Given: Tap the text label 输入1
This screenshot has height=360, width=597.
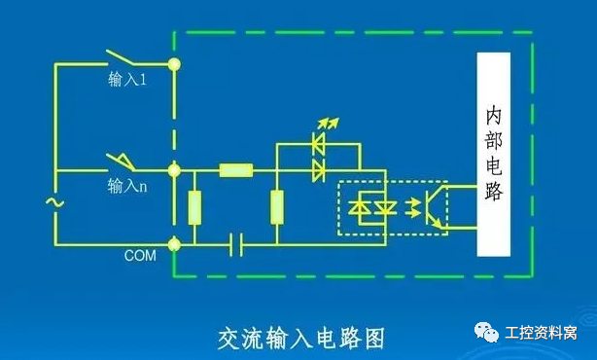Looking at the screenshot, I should pos(126,82).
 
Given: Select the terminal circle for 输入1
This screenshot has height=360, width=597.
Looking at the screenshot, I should pos(175,66).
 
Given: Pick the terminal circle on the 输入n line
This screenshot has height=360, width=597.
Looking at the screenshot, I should pos(175,171).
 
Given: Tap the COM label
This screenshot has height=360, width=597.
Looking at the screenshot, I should pos(139,256).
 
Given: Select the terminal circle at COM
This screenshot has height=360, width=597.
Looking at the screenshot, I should pos(175,243).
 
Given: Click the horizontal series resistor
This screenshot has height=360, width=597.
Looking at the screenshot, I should pos(236,171).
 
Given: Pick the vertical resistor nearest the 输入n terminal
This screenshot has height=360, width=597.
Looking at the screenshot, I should pos(194,207).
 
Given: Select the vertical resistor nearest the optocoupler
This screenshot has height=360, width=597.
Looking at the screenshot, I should pos(277,207).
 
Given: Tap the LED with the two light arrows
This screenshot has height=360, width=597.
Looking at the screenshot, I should pos(318,141).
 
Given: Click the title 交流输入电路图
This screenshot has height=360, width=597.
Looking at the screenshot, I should pos(300,337).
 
